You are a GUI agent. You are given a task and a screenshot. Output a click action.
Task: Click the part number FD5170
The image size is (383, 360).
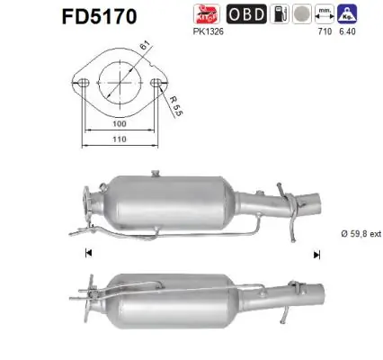pos(98,15)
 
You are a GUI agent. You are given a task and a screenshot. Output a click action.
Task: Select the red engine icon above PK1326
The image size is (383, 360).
pos(232,13)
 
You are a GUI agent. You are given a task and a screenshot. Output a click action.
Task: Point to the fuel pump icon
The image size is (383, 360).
pos(305,14)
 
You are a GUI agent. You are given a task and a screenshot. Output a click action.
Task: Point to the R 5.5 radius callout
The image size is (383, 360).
pos(178,110)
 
